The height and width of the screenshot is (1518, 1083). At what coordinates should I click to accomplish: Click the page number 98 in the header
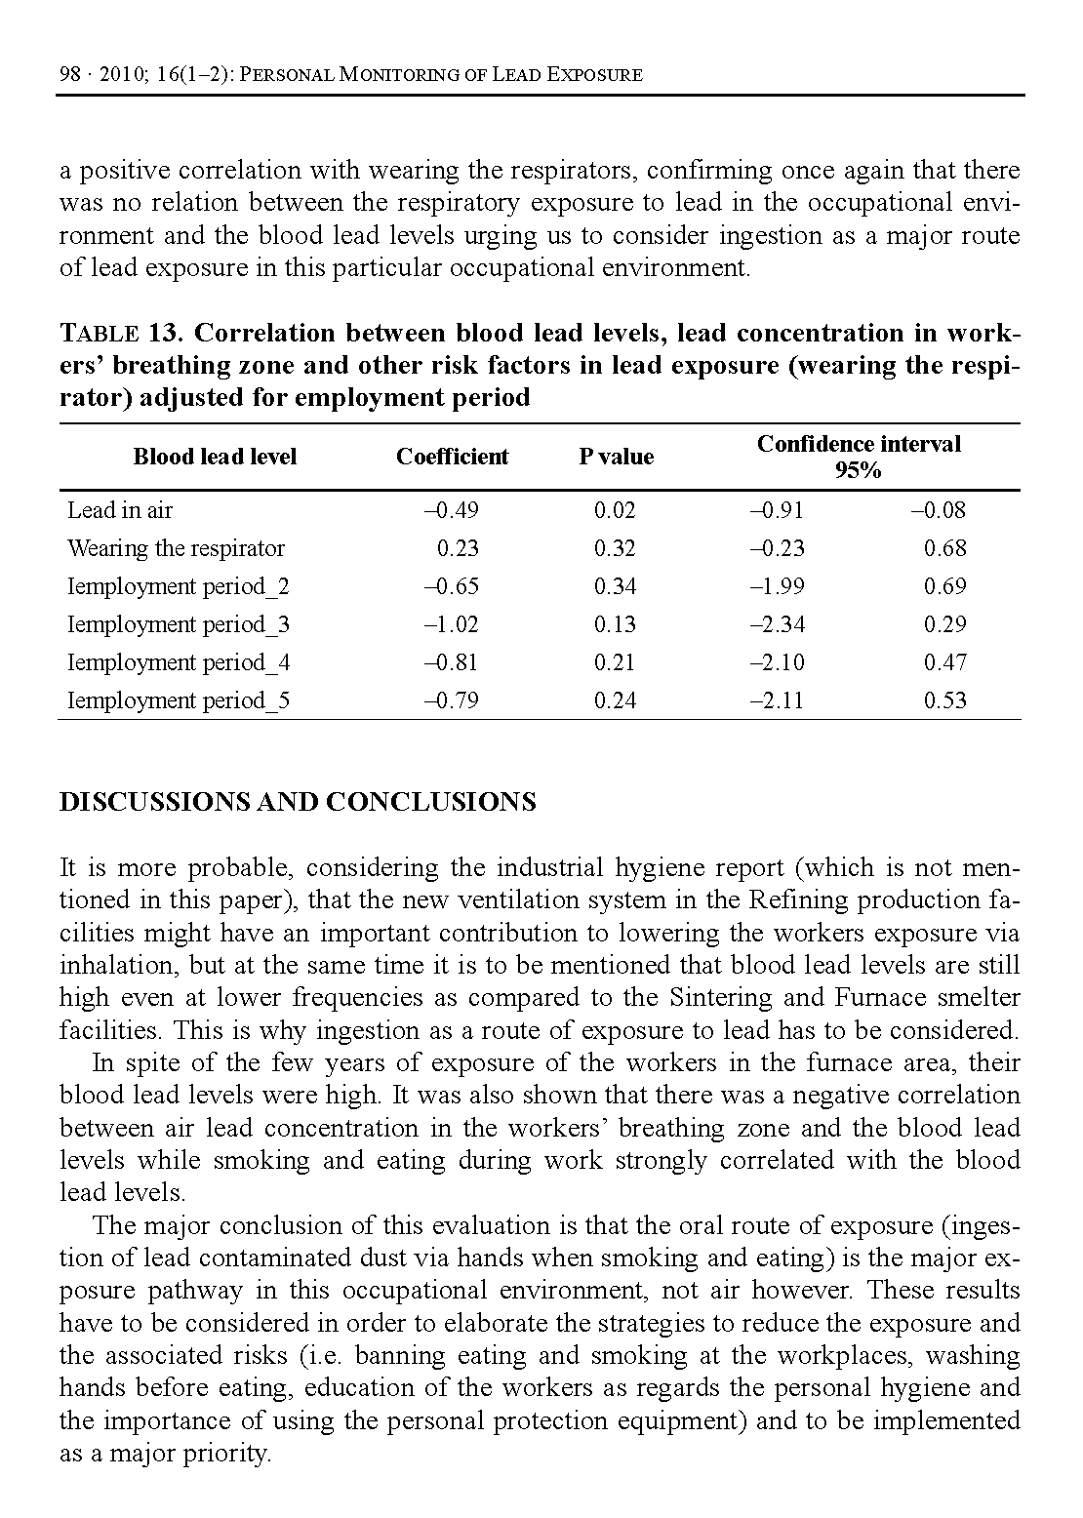69,74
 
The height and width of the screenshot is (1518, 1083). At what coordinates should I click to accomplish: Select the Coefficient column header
452,457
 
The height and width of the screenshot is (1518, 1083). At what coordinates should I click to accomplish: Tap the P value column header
616,457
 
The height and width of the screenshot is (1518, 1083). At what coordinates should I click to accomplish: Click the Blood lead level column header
215,457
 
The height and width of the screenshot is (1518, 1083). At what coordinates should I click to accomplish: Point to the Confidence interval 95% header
859,457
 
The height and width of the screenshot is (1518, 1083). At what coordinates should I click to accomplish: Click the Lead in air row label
120,510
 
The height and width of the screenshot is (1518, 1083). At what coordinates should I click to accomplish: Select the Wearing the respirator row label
176,548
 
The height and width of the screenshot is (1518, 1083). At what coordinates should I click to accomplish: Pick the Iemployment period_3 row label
179,624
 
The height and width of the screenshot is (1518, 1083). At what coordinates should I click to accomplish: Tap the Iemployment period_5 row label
179,700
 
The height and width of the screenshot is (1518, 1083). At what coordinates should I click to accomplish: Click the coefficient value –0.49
452,510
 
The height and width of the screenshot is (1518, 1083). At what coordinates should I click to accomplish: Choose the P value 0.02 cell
615,510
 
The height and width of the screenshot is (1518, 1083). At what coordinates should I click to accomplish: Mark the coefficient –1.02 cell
452,624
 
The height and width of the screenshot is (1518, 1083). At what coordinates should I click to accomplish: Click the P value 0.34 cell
615,586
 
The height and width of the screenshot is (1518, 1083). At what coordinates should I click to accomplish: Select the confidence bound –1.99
777,586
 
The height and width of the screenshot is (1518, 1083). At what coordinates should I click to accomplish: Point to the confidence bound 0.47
944,662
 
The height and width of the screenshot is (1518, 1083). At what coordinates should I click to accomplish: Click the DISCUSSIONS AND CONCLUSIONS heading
298,802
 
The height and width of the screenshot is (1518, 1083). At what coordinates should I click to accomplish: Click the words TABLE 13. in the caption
123,334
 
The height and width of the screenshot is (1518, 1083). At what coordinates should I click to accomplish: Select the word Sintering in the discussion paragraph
717,998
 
